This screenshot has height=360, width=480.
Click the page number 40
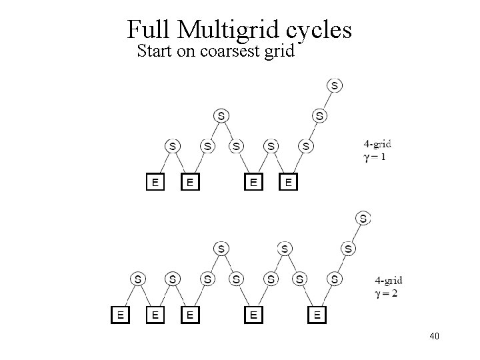pos(435,336)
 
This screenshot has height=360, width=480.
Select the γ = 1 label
pos(375,157)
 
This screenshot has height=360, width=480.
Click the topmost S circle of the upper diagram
pos(334,85)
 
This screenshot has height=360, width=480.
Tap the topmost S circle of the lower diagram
pos(363,218)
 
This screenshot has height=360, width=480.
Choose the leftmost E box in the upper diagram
pos(155,181)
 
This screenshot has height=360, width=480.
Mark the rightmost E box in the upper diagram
pos(288,181)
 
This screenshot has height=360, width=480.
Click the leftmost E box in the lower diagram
pos(120,314)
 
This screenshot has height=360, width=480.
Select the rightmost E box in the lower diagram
pos(317,314)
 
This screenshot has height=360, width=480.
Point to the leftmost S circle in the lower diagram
pos(137,279)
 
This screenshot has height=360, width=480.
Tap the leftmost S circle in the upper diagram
pos(173,145)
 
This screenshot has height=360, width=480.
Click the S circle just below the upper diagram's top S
pos(320,116)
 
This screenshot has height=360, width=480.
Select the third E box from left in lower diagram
pos(190,314)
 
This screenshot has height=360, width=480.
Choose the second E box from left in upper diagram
pos(190,181)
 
